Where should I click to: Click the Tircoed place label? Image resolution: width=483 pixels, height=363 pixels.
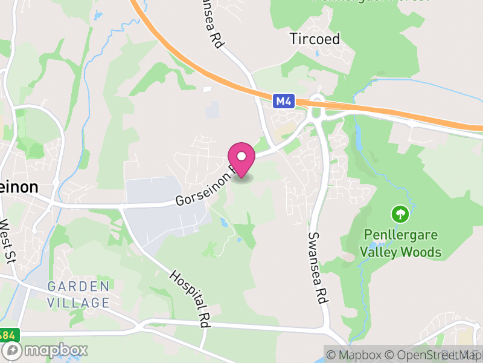(x=315, y=39)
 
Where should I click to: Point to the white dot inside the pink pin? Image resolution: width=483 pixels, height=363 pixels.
(x=241, y=156)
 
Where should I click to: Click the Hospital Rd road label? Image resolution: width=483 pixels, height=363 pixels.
(x=189, y=299)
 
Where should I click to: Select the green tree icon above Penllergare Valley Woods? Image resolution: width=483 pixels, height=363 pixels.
(x=400, y=214)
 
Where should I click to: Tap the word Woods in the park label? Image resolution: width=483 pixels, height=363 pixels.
(x=425, y=252)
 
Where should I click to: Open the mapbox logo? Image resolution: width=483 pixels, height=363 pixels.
(x=45, y=350)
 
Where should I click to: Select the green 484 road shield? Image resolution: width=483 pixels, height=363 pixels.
(x=8, y=335)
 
